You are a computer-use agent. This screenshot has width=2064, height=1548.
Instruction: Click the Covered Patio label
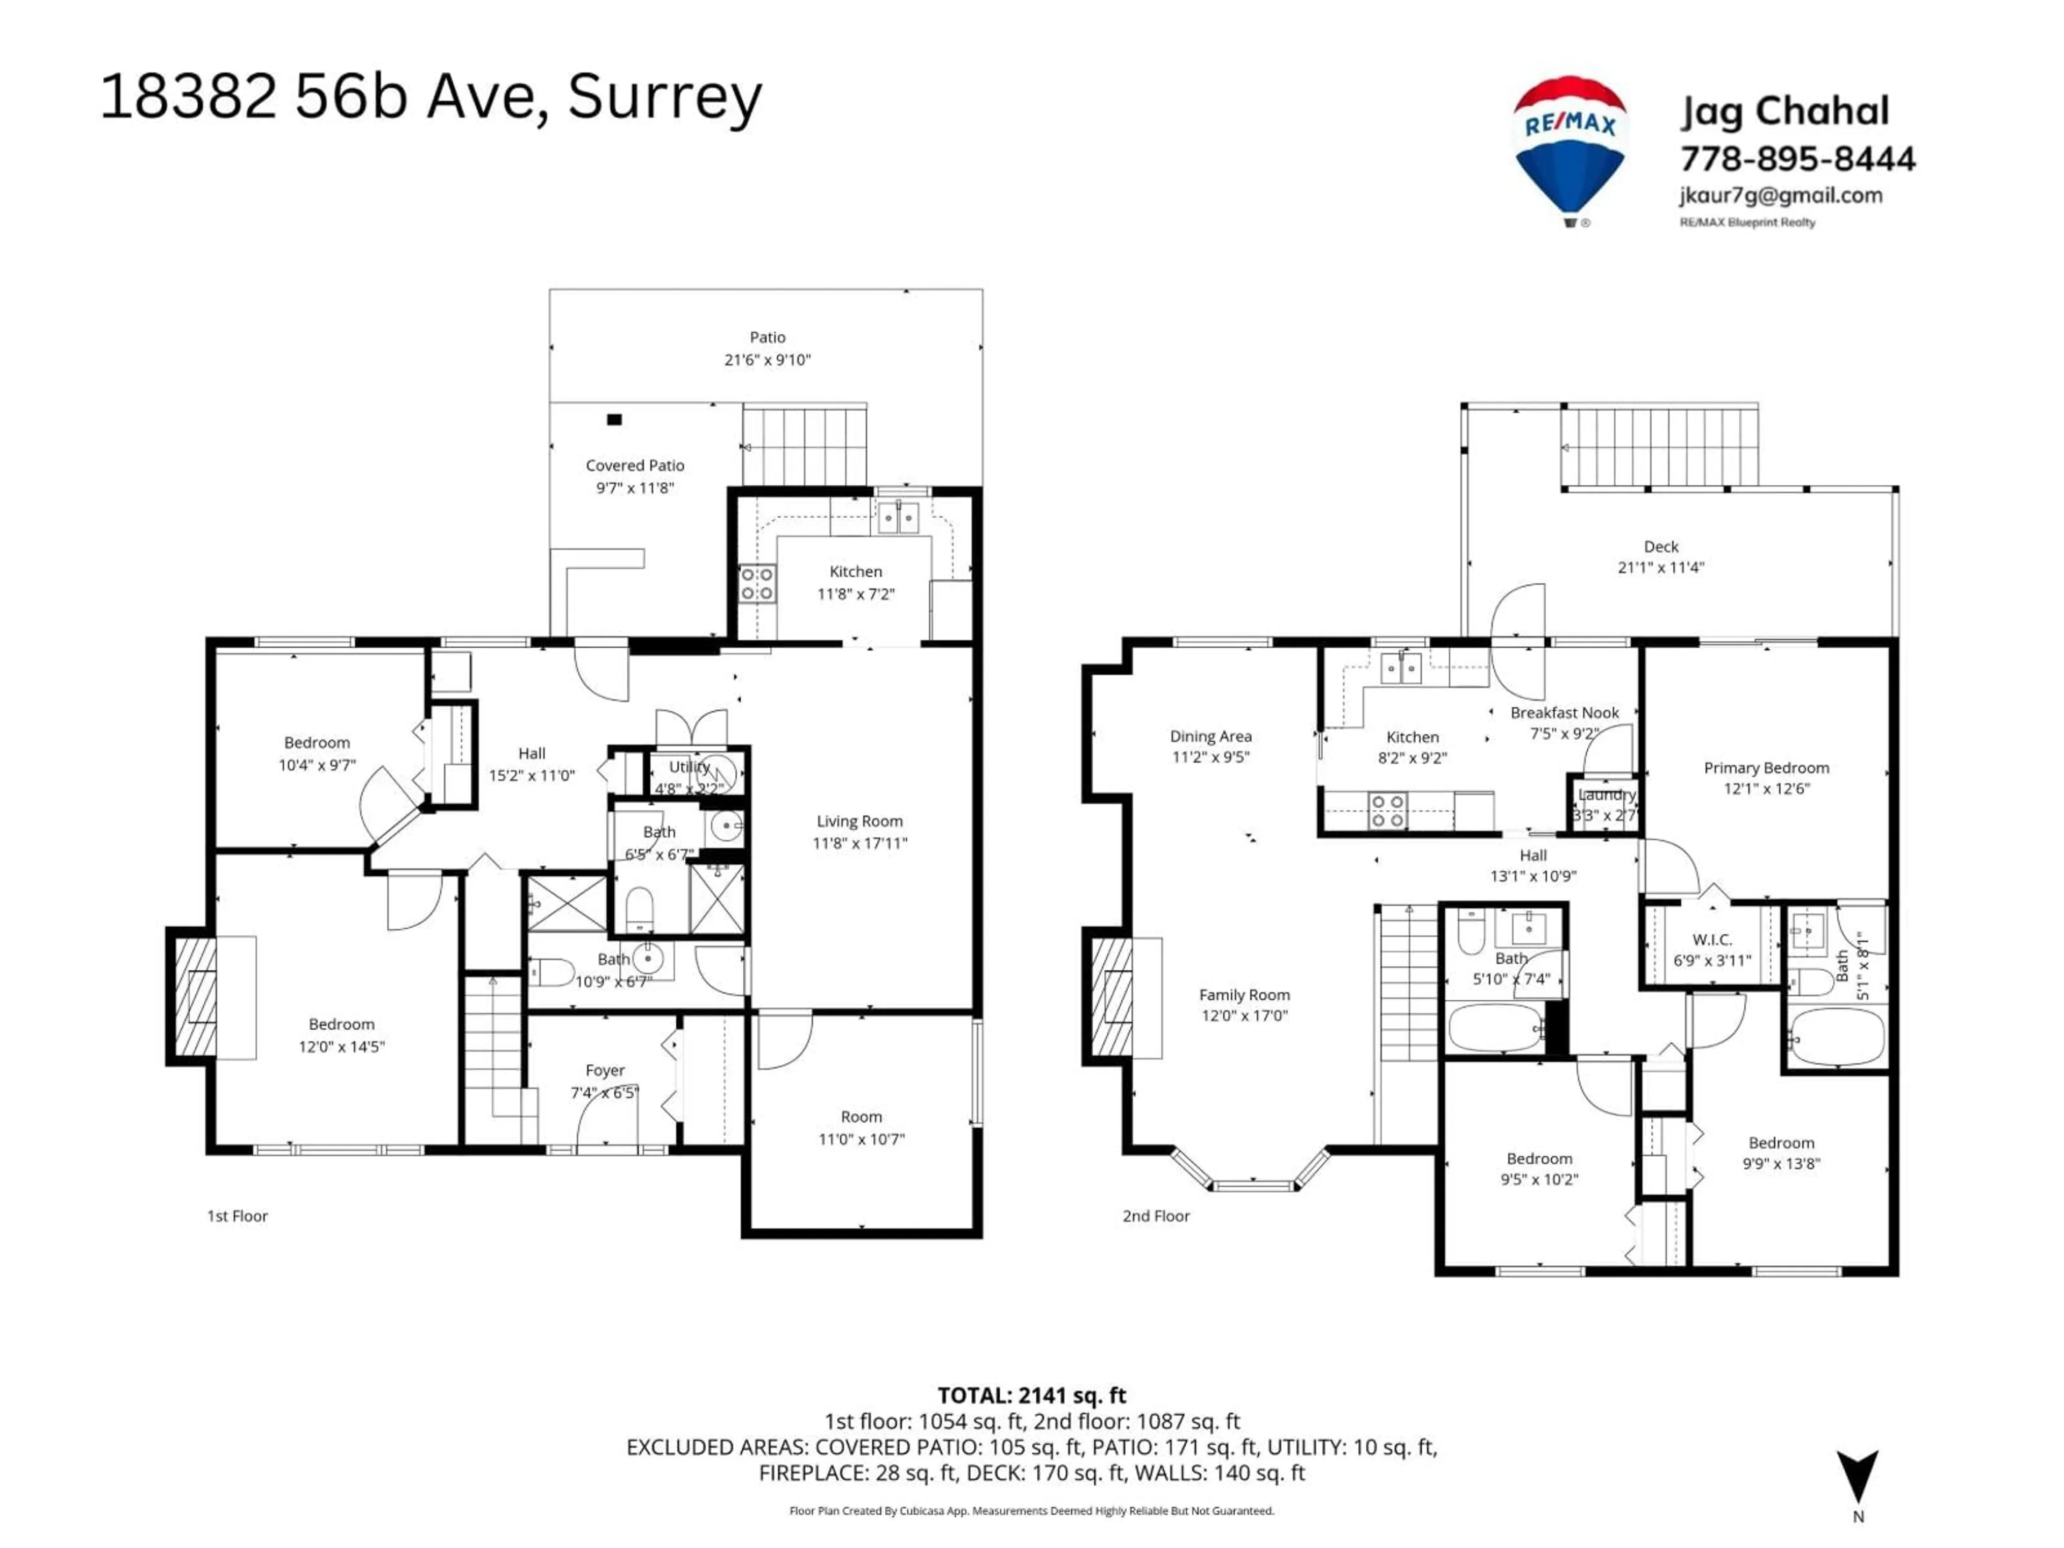point(634,465)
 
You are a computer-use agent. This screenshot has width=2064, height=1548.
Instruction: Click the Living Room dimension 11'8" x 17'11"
point(859,843)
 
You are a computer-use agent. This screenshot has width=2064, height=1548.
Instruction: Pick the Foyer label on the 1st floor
point(605,1070)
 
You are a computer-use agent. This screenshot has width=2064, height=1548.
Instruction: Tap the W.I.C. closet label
point(1711,940)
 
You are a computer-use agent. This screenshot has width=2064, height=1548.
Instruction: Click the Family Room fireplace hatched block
point(1112,997)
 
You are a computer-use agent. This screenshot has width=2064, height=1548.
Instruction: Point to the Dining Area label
point(1210,736)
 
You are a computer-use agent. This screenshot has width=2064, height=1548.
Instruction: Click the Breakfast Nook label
point(1565,713)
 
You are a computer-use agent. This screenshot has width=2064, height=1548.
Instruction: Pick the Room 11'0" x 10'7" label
point(861,1127)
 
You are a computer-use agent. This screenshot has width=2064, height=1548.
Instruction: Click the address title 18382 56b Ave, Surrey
point(431,97)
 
